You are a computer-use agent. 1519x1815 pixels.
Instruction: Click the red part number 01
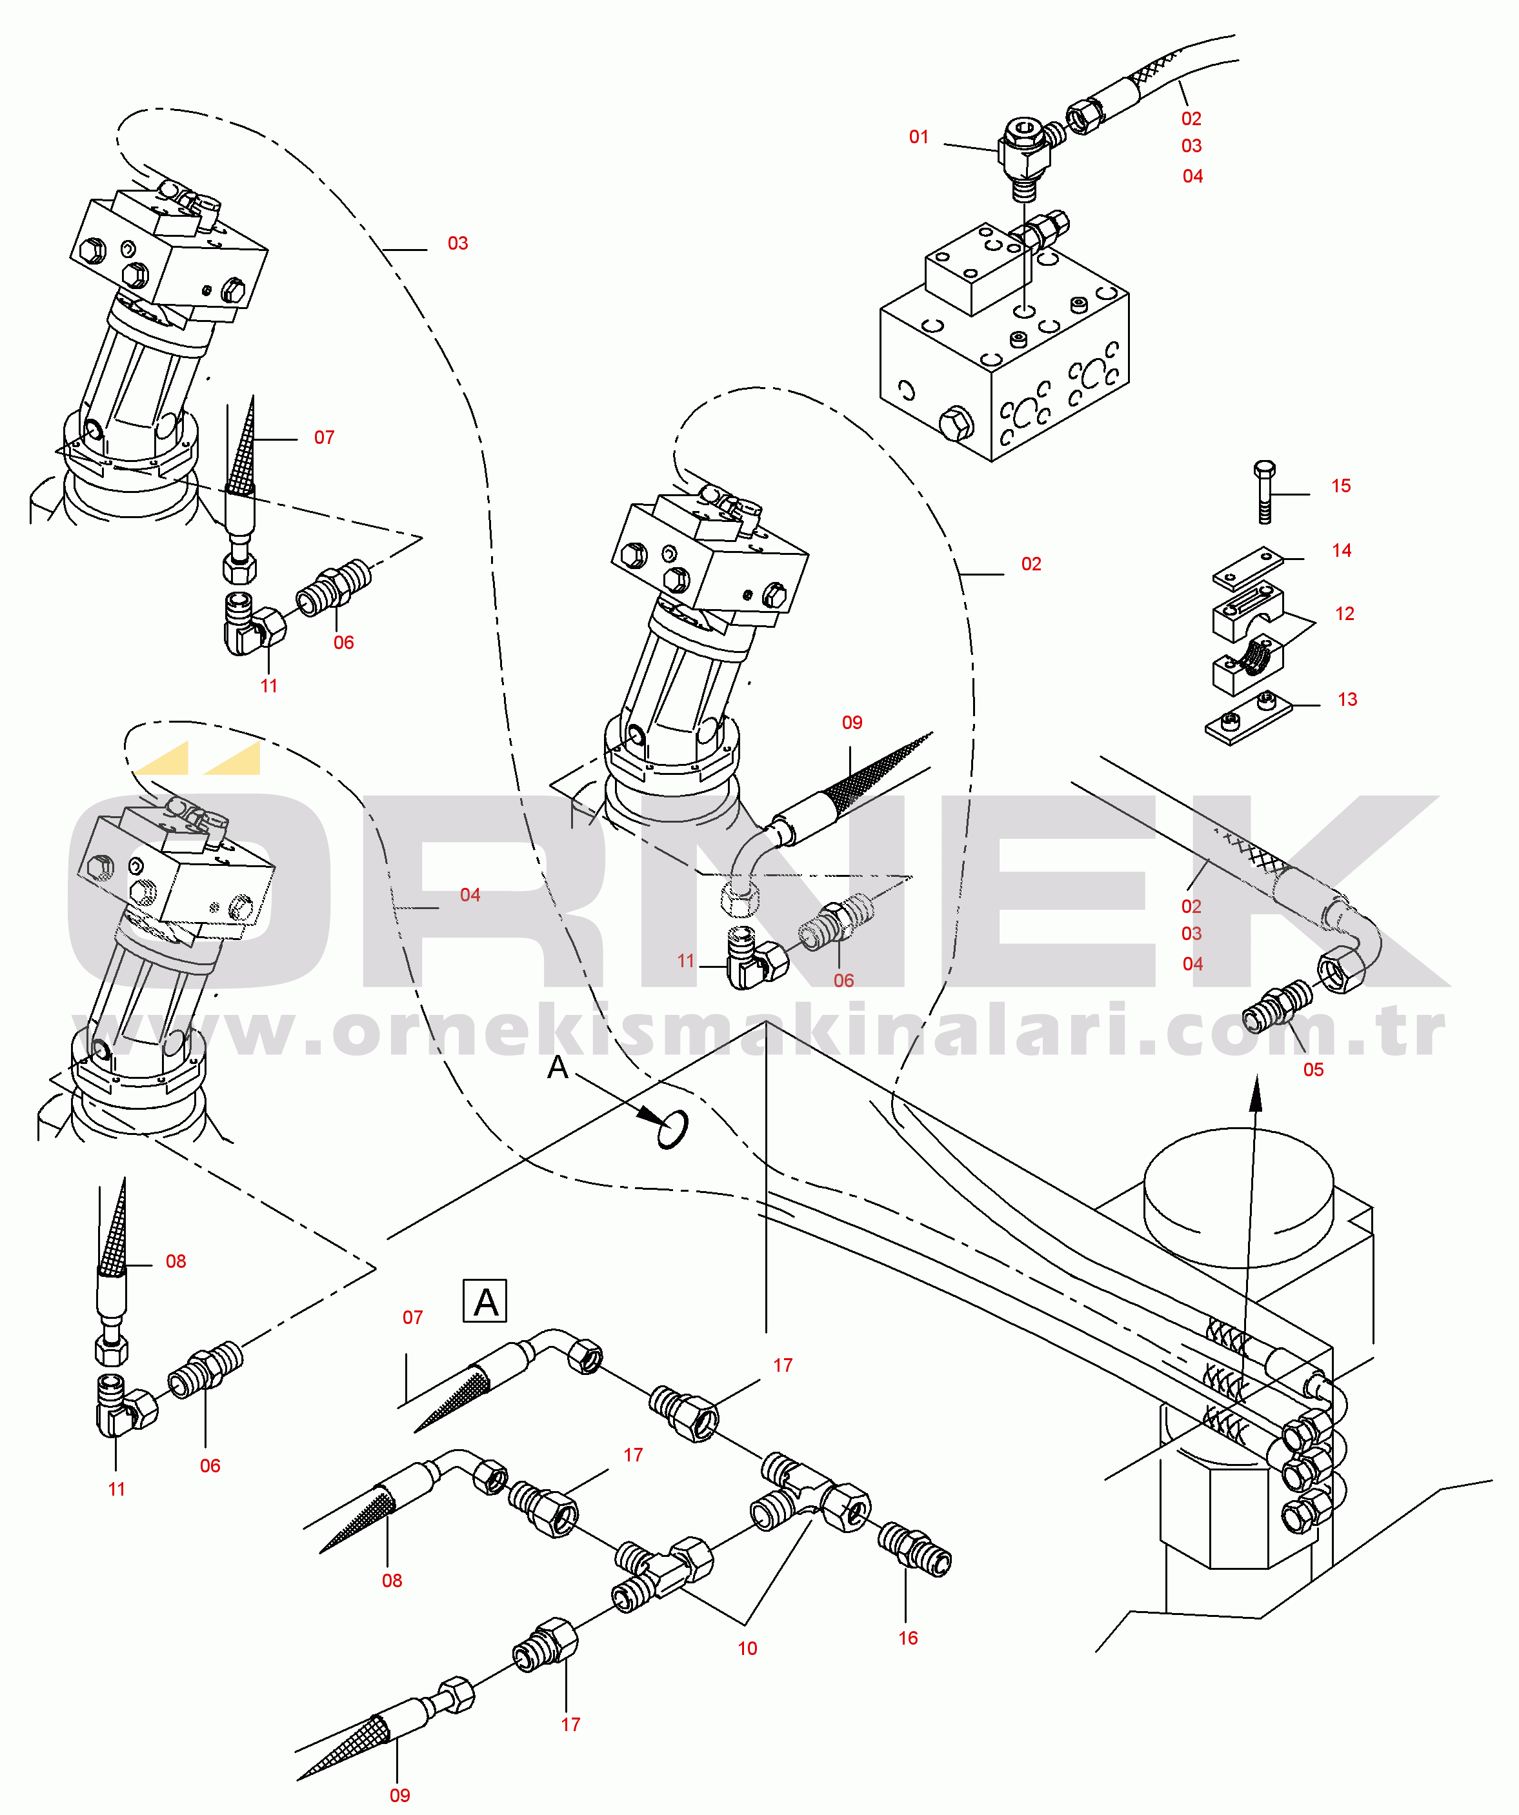pos(918,137)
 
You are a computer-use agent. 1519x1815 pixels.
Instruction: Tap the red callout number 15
pos(1341,486)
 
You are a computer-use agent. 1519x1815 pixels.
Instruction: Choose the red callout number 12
pos(1344,614)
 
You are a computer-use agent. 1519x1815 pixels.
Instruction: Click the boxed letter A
pos(485,1301)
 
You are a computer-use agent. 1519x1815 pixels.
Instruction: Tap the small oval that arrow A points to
pos(672,1128)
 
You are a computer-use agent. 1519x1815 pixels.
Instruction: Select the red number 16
pos(908,1638)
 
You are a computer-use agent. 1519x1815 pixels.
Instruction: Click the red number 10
pos(747,1648)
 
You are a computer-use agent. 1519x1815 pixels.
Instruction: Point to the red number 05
pos(1313,1069)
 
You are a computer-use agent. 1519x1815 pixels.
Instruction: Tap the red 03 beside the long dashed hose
pos(458,243)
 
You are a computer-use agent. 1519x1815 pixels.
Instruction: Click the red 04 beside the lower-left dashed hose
pos(470,894)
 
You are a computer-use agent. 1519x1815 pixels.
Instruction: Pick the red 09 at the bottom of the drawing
pos(399,1795)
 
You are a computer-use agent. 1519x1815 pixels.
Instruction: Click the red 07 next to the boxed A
pos(412,1317)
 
